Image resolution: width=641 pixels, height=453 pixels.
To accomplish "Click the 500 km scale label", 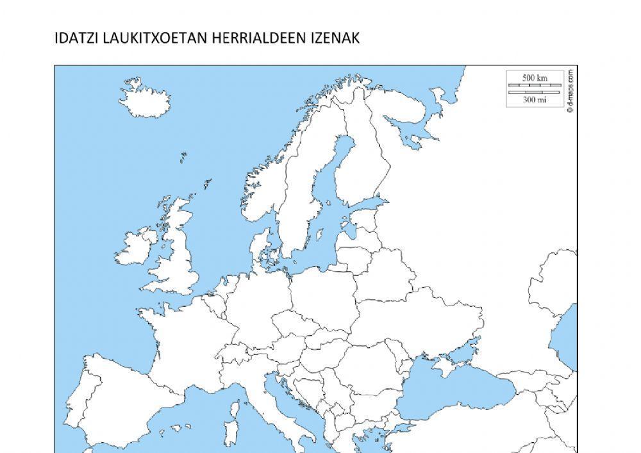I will coord(535,78).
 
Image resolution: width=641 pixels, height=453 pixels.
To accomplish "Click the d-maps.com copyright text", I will coord(570,90).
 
